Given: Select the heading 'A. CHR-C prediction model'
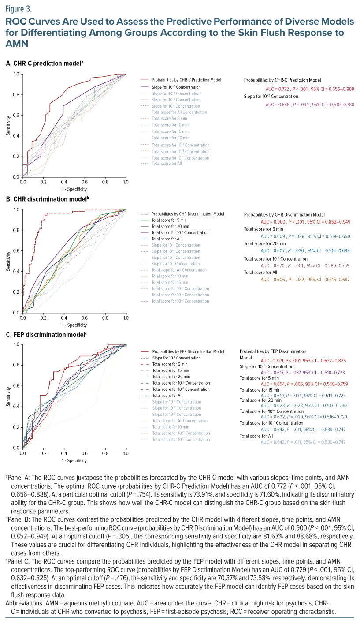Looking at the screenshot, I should [x=44, y=64].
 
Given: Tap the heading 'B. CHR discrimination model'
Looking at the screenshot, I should [x=47, y=199].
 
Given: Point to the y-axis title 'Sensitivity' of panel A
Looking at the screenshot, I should [x=8, y=126].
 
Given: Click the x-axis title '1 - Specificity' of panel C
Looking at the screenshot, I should [x=74, y=461].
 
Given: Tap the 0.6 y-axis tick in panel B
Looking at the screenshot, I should [x=17, y=250].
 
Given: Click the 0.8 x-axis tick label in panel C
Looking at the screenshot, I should [x=105, y=453].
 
